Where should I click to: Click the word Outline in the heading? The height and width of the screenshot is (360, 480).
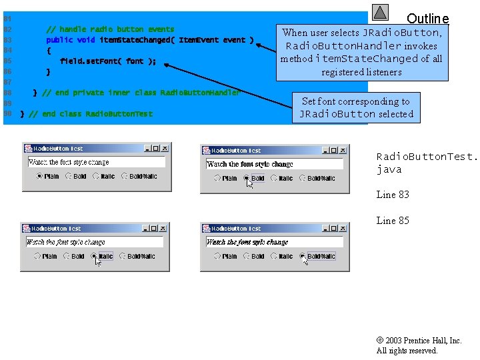coord(427,19)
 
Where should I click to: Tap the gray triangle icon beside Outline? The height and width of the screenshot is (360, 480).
coord(380,12)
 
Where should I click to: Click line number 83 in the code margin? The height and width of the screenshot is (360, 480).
coord(7,40)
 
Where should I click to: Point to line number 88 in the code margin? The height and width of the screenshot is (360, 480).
coord(7,93)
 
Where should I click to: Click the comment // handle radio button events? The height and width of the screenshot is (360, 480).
coord(110,29)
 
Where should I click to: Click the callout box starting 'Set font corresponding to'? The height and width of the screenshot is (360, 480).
coord(356,107)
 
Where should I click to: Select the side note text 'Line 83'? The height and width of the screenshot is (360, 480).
coord(393,195)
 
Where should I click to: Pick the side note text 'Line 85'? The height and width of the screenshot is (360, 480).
coord(393,221)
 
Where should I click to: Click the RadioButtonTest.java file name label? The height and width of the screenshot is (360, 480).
coord(427,163)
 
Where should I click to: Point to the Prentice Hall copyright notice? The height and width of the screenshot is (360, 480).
coord(419,345)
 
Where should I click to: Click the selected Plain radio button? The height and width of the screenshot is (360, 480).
coord(40,177)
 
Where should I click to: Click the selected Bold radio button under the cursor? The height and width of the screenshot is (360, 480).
coord(247,178)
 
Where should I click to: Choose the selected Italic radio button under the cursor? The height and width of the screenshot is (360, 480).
coord(95,256)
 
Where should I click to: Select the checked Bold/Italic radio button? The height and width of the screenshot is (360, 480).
coord(303,256)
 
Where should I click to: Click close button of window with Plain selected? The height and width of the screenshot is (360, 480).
coord(164,148)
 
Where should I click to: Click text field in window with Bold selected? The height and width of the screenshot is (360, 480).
coord(275,164)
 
